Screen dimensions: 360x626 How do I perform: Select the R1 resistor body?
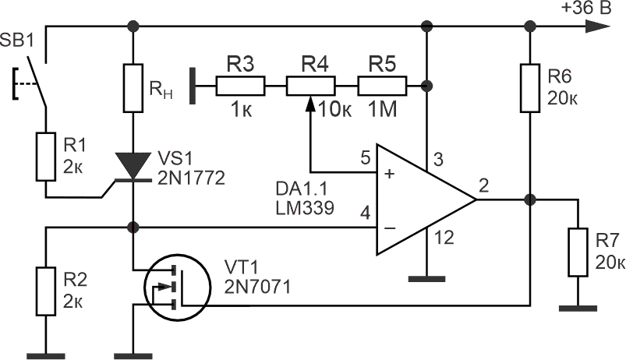click(45, 156)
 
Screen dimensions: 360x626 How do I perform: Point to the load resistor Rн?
click(134, 87)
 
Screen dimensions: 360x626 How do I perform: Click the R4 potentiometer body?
click(310, 84)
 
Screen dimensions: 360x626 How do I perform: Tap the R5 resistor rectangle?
click(381, 84)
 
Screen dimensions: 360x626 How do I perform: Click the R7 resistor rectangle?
click(578, 252)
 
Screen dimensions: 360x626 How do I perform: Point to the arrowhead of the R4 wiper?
click(310, 102)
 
